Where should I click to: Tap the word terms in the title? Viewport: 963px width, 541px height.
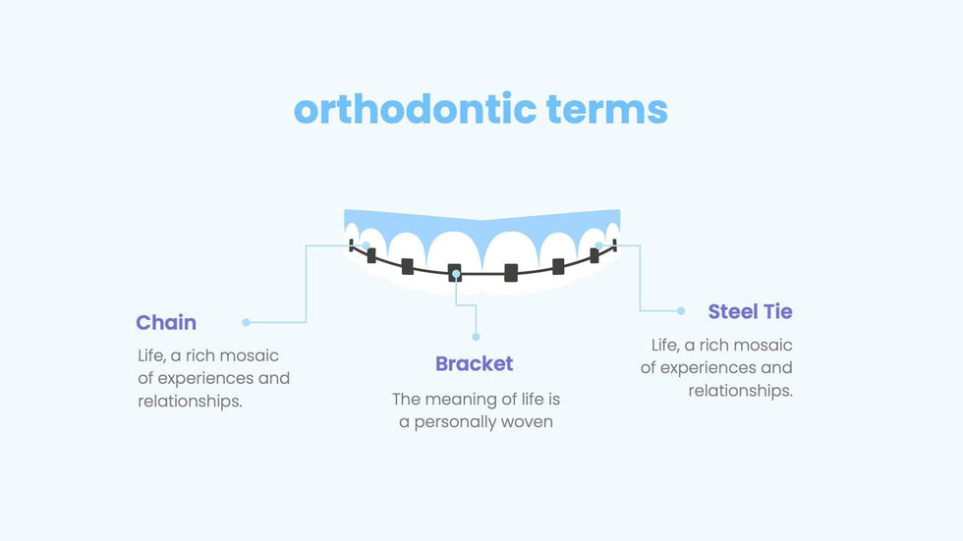coord(607,110)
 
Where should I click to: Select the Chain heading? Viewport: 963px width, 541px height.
coord(166,322)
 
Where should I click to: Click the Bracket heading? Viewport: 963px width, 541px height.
coord(474,363)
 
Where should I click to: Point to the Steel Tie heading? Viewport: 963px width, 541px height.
coord(750,311)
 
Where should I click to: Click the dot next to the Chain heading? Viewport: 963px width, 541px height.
coord(246,322)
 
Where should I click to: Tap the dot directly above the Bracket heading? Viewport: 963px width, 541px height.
coord(476,337)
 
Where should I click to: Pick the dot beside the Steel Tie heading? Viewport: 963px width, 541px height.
coord(680,311)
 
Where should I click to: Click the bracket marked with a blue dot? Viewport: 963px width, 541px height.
coord(454,273)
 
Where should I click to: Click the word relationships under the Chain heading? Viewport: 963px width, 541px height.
coord(190,402)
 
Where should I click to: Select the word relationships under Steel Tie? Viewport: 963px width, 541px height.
coord(741,391)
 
